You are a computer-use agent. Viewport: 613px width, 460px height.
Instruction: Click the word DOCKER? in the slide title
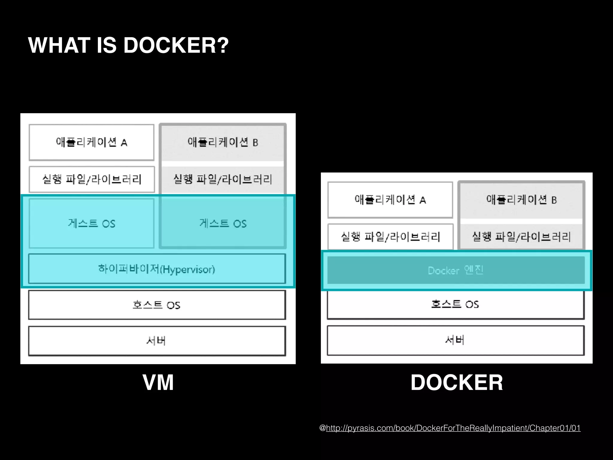click(x=176, y=46)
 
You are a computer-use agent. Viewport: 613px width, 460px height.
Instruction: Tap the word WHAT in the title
click(x=59, y=46)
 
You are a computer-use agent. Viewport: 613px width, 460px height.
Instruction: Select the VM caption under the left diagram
click(x=158, y=382)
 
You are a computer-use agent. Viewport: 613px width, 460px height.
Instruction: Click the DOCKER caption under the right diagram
click(x=456, y=382)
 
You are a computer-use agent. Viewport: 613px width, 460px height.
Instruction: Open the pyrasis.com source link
click(x=453, y=428)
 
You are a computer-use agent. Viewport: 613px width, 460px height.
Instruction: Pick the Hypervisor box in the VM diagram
click(x=157, y=269)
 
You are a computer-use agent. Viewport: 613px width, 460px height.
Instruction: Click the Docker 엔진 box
click(x=456, y=270)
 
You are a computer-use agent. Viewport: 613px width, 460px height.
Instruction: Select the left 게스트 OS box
click(x=92, y=223)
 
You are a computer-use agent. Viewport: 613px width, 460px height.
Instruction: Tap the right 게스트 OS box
click(x=223, y=223)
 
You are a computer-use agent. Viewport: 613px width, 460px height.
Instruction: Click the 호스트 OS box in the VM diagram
click(x=157, y=305)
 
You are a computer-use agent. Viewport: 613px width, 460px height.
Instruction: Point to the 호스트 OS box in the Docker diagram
click(x=455, y=304)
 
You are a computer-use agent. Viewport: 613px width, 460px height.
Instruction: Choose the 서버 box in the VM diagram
click(x=157, y=341)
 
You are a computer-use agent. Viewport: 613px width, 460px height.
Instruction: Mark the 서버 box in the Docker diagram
click(x=455, y=340)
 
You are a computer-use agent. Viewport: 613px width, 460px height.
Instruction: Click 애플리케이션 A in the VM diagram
click(x=92, y=142)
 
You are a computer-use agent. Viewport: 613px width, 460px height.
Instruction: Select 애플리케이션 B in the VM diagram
click(x=223, y=142)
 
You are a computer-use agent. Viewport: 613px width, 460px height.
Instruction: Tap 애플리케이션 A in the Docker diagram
click(x=390, y=200)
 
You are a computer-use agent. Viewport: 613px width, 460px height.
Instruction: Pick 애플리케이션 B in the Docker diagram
click(x=521, y=200)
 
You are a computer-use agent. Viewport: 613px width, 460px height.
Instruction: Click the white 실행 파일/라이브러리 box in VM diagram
click(x=92, y=179)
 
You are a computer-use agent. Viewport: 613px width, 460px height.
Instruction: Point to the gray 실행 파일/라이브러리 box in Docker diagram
click(x=521, y=237)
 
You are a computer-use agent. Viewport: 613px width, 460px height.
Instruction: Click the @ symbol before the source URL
click(x=322, y=428)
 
